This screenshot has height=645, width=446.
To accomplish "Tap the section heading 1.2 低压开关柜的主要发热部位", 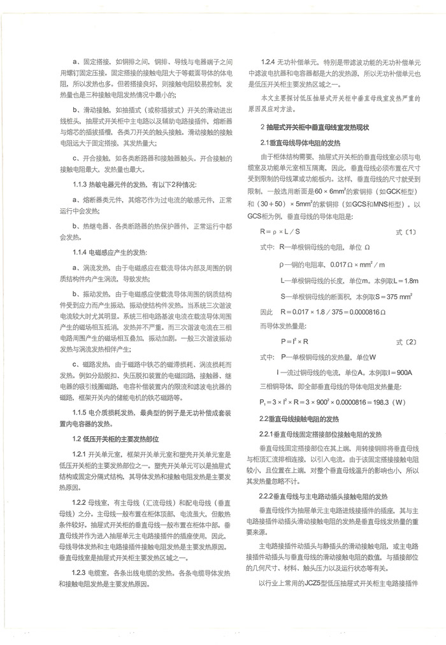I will [115, 439].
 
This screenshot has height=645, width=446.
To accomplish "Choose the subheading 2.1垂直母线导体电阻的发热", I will [299, 141].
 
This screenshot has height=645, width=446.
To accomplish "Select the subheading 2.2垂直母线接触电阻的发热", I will [299, 419].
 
